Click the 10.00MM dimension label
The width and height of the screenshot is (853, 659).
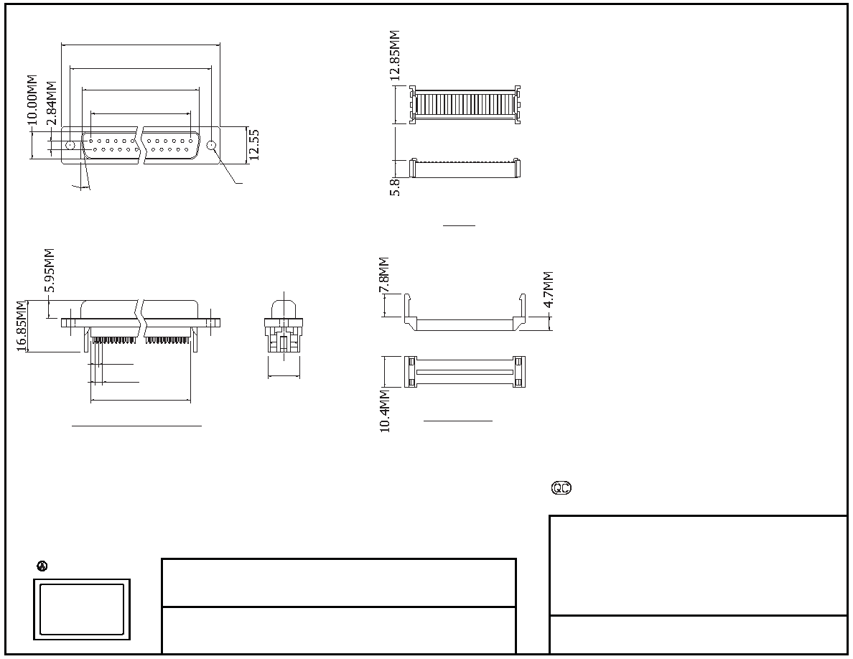(32, 100)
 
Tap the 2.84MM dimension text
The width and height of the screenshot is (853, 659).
(50, 103)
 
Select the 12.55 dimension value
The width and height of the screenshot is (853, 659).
(253, 144)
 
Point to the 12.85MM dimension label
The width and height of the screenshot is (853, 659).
(396, 55)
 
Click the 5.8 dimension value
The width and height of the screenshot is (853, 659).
(396, 187)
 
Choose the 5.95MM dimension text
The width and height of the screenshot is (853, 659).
(49, 270)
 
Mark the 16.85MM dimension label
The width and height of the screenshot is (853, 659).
(22, 326)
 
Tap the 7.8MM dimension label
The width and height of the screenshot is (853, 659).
(384, 275)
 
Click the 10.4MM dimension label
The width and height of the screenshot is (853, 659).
(385, 411)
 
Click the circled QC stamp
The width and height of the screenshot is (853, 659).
(561, 488)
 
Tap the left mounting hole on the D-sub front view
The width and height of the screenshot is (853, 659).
(70, 145)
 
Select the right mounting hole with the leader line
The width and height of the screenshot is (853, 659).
(212, 145)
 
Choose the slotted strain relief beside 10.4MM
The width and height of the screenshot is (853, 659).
(465, 372)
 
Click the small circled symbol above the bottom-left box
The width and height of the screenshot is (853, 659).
(42, 566)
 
